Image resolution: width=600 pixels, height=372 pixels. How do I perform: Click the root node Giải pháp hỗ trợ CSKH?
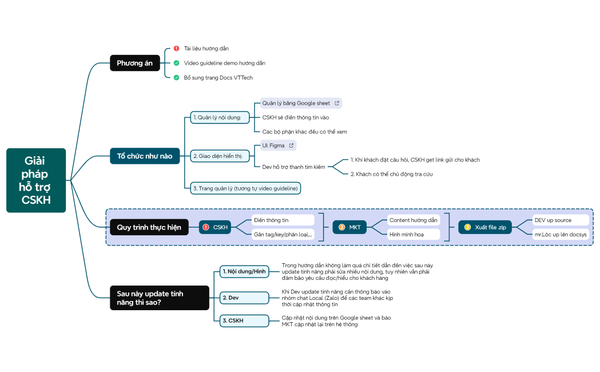[36, 180]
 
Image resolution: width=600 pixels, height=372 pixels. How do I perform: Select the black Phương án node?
[134, 63]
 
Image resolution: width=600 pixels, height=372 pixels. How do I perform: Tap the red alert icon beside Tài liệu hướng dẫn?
[176, 49]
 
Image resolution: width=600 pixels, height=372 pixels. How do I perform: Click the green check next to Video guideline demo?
[176, 63]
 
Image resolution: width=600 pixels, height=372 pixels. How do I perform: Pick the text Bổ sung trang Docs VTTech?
[218, 77]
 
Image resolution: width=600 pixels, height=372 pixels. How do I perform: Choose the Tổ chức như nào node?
[145, 156]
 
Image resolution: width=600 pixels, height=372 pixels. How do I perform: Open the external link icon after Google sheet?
[337, 103]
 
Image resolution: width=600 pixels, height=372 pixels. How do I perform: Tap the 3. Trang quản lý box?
[245, 188]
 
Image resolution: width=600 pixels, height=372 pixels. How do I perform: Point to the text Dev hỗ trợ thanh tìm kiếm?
[293, 167]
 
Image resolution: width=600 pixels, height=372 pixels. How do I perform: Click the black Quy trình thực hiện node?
[149, 227]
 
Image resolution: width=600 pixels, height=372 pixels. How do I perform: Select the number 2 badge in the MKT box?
[342, 227]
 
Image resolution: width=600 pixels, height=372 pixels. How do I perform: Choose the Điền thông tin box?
[283, 220]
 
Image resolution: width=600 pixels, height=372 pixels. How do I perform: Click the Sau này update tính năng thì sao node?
[159, 298]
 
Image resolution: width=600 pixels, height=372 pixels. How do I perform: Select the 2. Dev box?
[244, 298]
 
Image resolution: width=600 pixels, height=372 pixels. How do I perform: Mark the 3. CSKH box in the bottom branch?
[244, 320]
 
